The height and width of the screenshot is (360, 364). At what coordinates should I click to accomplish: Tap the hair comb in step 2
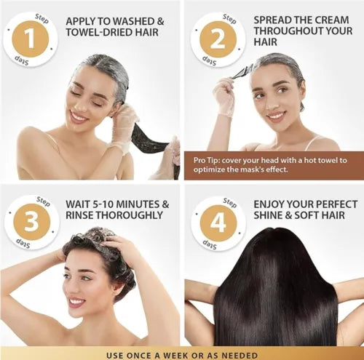(x=242, y=71)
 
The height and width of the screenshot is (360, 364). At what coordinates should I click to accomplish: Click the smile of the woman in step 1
(x=79, y=115)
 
